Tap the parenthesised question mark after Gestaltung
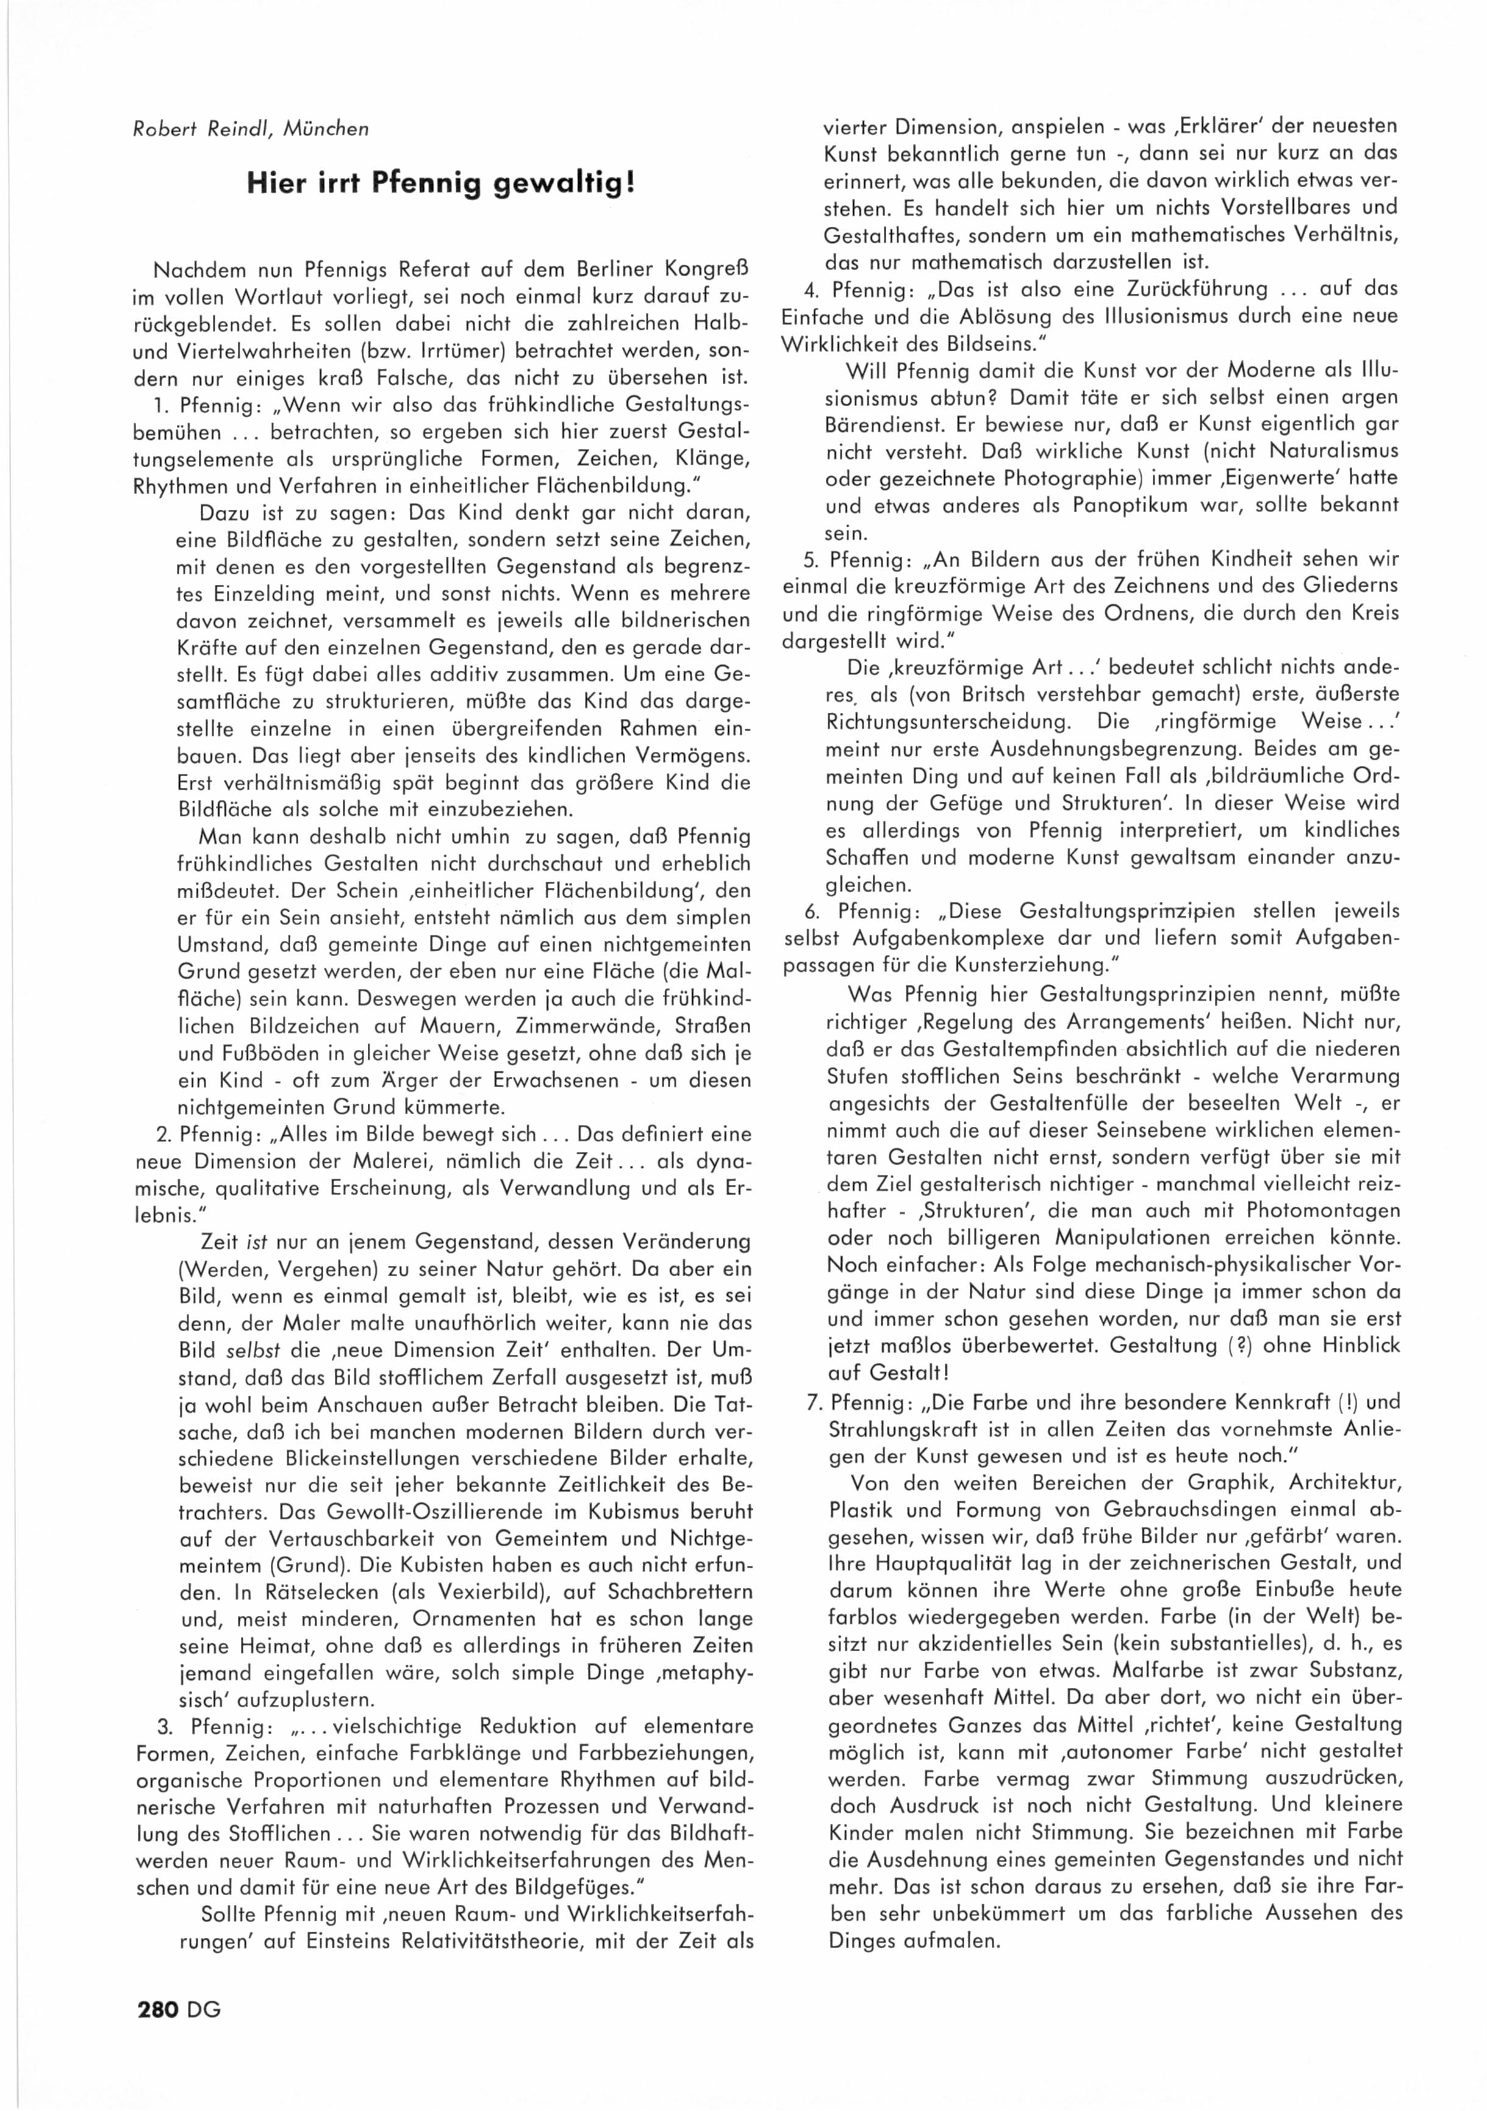click(1255, 1345)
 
